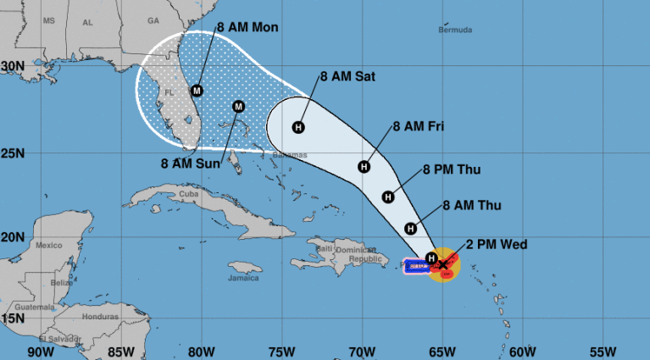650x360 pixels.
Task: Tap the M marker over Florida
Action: point(197,90)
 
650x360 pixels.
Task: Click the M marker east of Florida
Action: point(238,106)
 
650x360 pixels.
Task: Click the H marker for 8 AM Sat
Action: point(297,128)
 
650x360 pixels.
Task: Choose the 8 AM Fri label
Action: point(419,127)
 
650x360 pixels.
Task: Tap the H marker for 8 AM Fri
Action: point(364,166)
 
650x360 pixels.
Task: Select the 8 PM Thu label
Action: point(452,169)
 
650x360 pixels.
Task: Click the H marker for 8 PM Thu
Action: point(388,197)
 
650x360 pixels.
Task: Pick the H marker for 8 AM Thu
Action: point(411,227)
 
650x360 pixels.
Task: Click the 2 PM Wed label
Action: point(496,246)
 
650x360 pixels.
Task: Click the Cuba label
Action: point(189,194)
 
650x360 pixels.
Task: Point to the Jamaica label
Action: point(242,277)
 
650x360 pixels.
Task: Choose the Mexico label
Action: point(49,245)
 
